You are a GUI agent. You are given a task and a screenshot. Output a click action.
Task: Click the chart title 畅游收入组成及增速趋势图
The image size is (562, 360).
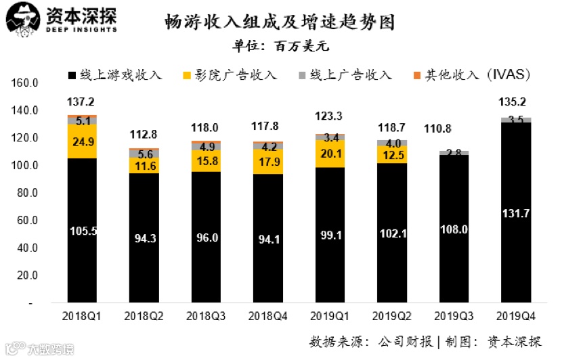279,22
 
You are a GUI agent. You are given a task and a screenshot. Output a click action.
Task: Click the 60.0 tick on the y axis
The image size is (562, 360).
27,221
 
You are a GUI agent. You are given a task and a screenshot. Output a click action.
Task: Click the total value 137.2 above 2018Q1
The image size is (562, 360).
81,102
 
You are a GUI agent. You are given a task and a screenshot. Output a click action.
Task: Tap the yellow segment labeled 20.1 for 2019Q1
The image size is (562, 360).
329,154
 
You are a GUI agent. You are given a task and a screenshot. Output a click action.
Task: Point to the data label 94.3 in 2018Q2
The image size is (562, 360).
144,238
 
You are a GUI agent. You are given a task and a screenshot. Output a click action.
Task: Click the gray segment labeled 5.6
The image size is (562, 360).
144,154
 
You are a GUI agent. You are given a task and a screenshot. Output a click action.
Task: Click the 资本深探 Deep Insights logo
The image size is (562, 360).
61,20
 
